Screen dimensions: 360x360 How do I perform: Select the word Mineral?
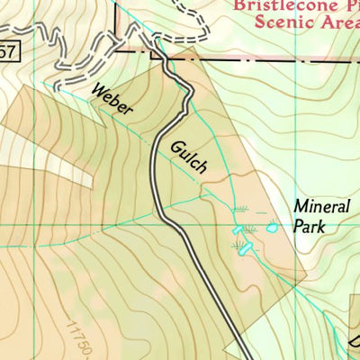tap(320, 206)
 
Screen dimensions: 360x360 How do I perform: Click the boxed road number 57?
tap(6, 53)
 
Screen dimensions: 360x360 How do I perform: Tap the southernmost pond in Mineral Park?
tap(242, 247)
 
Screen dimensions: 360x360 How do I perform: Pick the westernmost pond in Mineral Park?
tap(238, 231)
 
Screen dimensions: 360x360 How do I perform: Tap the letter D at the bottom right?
tap(355, 343)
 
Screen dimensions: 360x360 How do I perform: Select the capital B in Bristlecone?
tap(237, 4)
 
